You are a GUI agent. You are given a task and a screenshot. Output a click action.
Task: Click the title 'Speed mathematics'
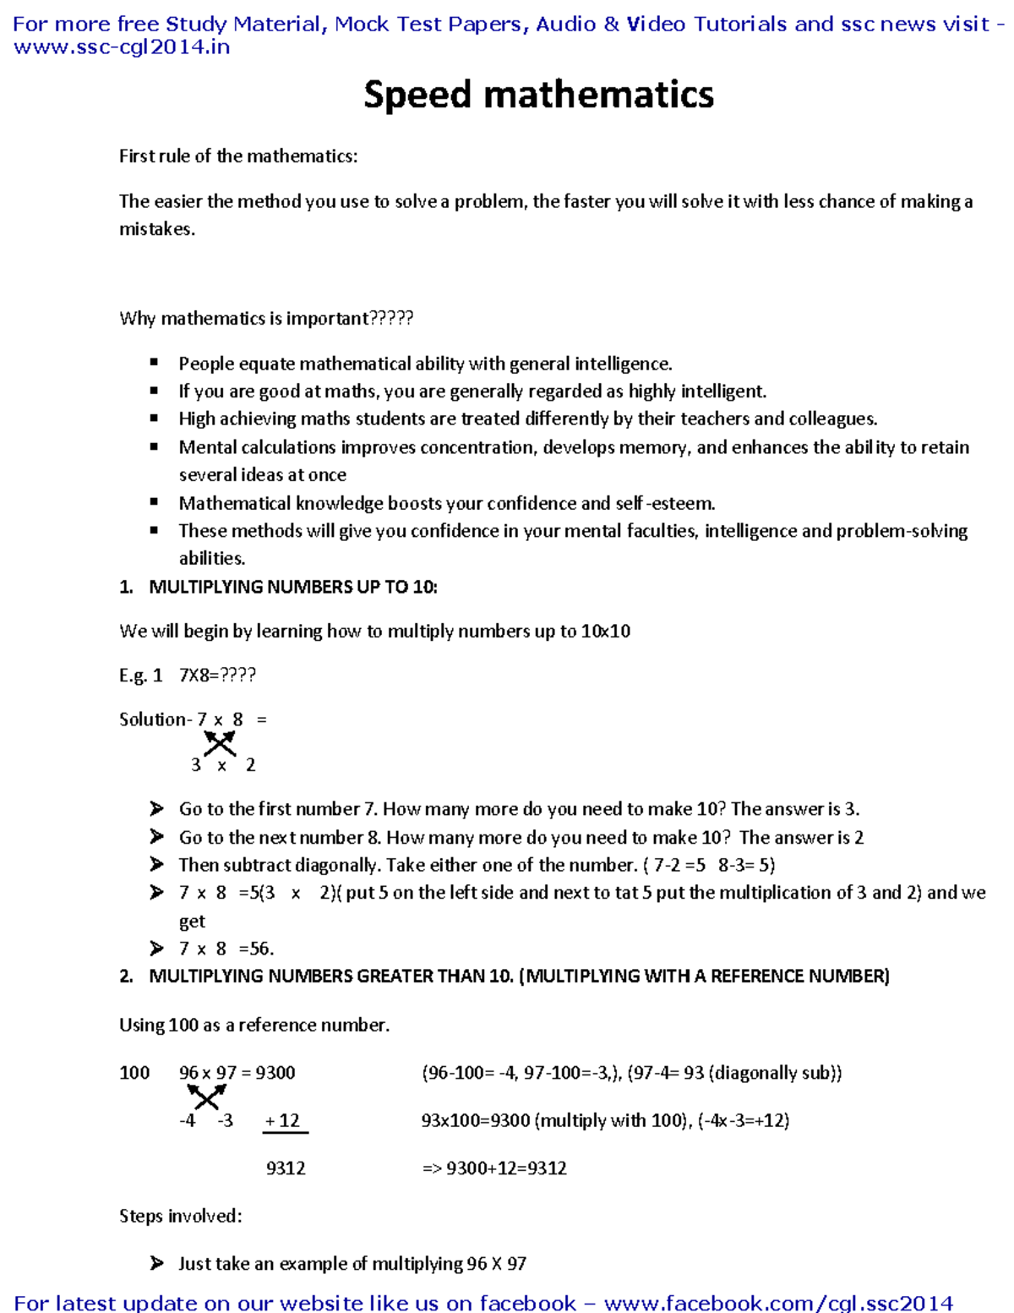coord(538,95)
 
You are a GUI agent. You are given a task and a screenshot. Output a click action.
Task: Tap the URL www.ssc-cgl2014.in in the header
coord(122,47)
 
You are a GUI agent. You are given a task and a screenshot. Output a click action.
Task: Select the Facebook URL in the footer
coord(778,1303)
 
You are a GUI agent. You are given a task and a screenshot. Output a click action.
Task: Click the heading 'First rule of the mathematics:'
coord(238,156)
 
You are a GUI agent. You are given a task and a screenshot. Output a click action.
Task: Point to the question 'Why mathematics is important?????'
coord(266,319)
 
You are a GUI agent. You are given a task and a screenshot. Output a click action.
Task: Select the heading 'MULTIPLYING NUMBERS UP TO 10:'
coord(292,587)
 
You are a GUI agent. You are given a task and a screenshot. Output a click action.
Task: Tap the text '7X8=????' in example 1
coord(217,676)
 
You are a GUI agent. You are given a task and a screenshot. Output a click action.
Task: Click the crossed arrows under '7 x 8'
coord(220,743)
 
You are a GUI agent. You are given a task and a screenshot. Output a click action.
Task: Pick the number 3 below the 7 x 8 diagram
coord(196,765)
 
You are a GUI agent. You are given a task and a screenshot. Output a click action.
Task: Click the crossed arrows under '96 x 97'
coord(206,1097)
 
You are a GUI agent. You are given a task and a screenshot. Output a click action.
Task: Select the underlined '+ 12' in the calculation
coord(284,1121)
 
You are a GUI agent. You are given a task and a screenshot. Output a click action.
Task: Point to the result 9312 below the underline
coord(286,1168)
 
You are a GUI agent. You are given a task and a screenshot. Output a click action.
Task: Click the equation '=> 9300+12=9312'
coord(494,1168)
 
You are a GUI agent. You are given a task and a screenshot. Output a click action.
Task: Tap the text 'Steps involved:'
coord(181,1217)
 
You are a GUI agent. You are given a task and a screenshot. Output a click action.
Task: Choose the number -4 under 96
coord(188,1121)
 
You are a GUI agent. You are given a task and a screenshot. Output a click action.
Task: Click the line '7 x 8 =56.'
coord(226,949)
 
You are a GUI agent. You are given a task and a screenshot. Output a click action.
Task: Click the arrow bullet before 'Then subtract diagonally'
coord(156,865)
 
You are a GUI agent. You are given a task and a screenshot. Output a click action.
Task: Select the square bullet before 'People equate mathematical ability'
coord(154,363)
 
